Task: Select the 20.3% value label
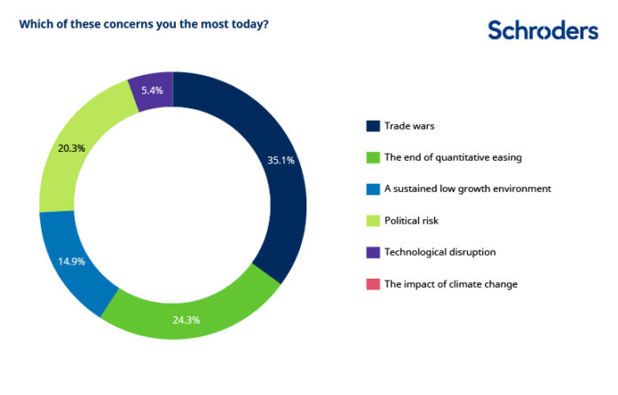tap(71, 148)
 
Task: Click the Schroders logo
tap(543, 31)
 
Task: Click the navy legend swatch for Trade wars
tap(373, 125)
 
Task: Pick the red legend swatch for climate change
tap(373, 284)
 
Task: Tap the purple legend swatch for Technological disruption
tap(373, 252)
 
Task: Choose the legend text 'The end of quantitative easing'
tap(453, 157)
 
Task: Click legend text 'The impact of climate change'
tap(450, 284)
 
